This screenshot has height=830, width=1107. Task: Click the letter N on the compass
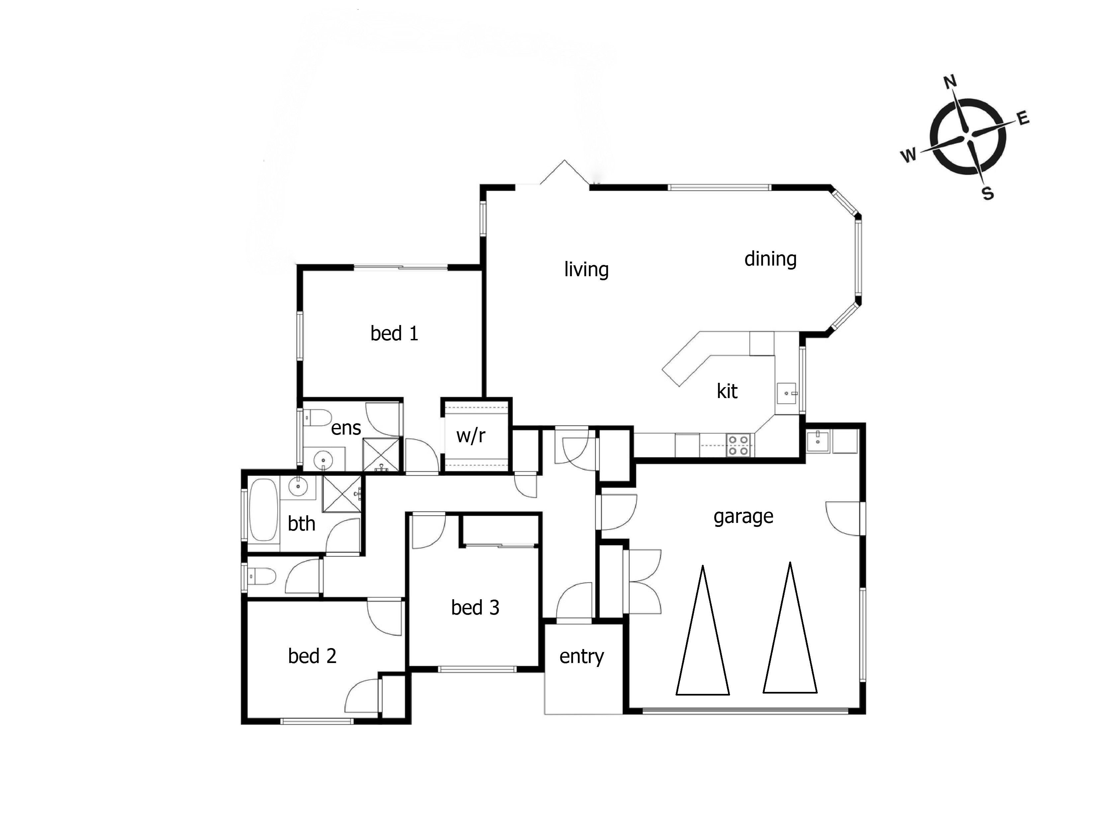950,82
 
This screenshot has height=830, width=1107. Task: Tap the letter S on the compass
988,193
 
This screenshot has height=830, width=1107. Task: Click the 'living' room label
587,270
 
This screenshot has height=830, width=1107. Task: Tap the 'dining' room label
770,259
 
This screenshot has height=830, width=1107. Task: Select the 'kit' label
727,391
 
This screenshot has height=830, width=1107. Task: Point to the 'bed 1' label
394,333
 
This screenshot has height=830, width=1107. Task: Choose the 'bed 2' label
312,656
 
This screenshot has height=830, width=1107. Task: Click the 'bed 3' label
475,607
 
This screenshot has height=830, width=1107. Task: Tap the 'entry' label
582,656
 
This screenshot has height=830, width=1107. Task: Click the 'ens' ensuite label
346,428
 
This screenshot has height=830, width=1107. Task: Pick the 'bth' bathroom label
301,524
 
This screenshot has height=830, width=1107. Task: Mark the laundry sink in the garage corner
818,441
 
